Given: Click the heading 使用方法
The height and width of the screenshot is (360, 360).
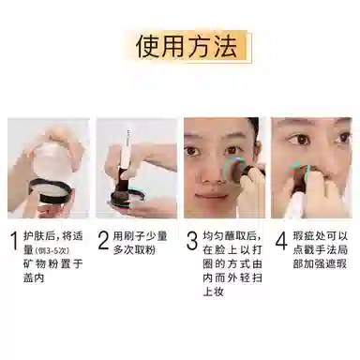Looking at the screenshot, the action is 187,47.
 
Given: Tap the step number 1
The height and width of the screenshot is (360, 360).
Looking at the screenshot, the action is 14,241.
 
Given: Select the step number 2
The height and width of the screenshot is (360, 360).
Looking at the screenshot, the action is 103,241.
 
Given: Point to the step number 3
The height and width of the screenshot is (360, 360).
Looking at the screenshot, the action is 192,241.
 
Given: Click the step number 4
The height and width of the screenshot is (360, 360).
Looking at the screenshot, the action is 281,241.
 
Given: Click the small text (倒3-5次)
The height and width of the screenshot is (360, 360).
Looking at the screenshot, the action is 52,251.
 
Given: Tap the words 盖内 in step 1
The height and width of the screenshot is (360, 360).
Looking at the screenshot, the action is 34,277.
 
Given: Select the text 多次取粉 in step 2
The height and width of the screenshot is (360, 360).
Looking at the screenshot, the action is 135,250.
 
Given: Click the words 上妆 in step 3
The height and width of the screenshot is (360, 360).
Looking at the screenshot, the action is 213,292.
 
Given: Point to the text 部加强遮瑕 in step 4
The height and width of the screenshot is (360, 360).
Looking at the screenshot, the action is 320,263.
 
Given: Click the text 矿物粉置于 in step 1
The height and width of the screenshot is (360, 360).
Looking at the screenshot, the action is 53,263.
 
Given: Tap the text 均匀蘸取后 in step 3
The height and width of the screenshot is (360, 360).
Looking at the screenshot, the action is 232,236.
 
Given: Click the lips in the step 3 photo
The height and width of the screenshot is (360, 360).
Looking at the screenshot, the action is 209,195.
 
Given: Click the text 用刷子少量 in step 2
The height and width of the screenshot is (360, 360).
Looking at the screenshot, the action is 140,236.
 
